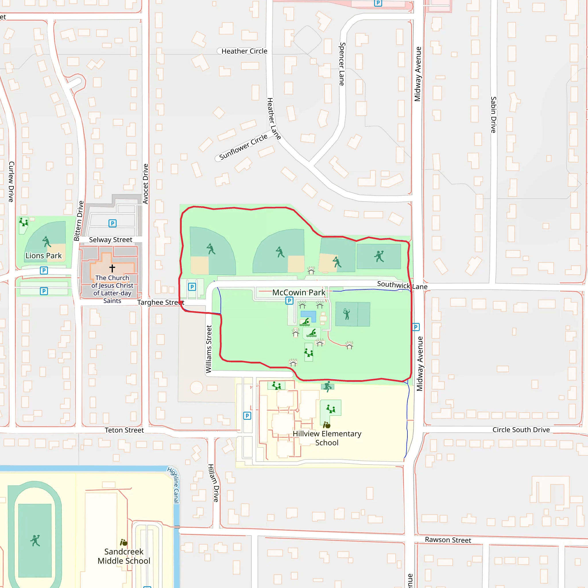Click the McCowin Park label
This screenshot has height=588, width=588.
click(299, 293)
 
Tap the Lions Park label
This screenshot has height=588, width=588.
click(44, 256)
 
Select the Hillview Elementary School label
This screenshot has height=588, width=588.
click(327, 438)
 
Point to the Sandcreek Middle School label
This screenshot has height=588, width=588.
click(124, 556)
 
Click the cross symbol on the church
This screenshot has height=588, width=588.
click(112, 268)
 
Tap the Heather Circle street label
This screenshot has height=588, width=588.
click(244, 51)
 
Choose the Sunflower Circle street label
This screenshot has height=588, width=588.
click(243, 147)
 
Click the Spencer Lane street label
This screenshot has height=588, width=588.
click(342, 64)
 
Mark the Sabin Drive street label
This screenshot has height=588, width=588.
click(493, 115)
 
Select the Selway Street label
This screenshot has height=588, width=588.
click(111, 240)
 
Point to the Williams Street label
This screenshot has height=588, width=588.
click(209, 349)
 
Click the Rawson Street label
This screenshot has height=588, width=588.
click(448, 540)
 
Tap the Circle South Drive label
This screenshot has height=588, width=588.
click(521, 430)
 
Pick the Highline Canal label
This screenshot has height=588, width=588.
click(174, 485)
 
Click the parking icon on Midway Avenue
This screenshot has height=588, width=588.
click(416, 327)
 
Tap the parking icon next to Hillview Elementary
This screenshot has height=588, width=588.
click(247, 416)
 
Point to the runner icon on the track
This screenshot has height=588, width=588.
click(35, 541)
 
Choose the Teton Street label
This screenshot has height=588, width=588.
click(124, 430)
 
